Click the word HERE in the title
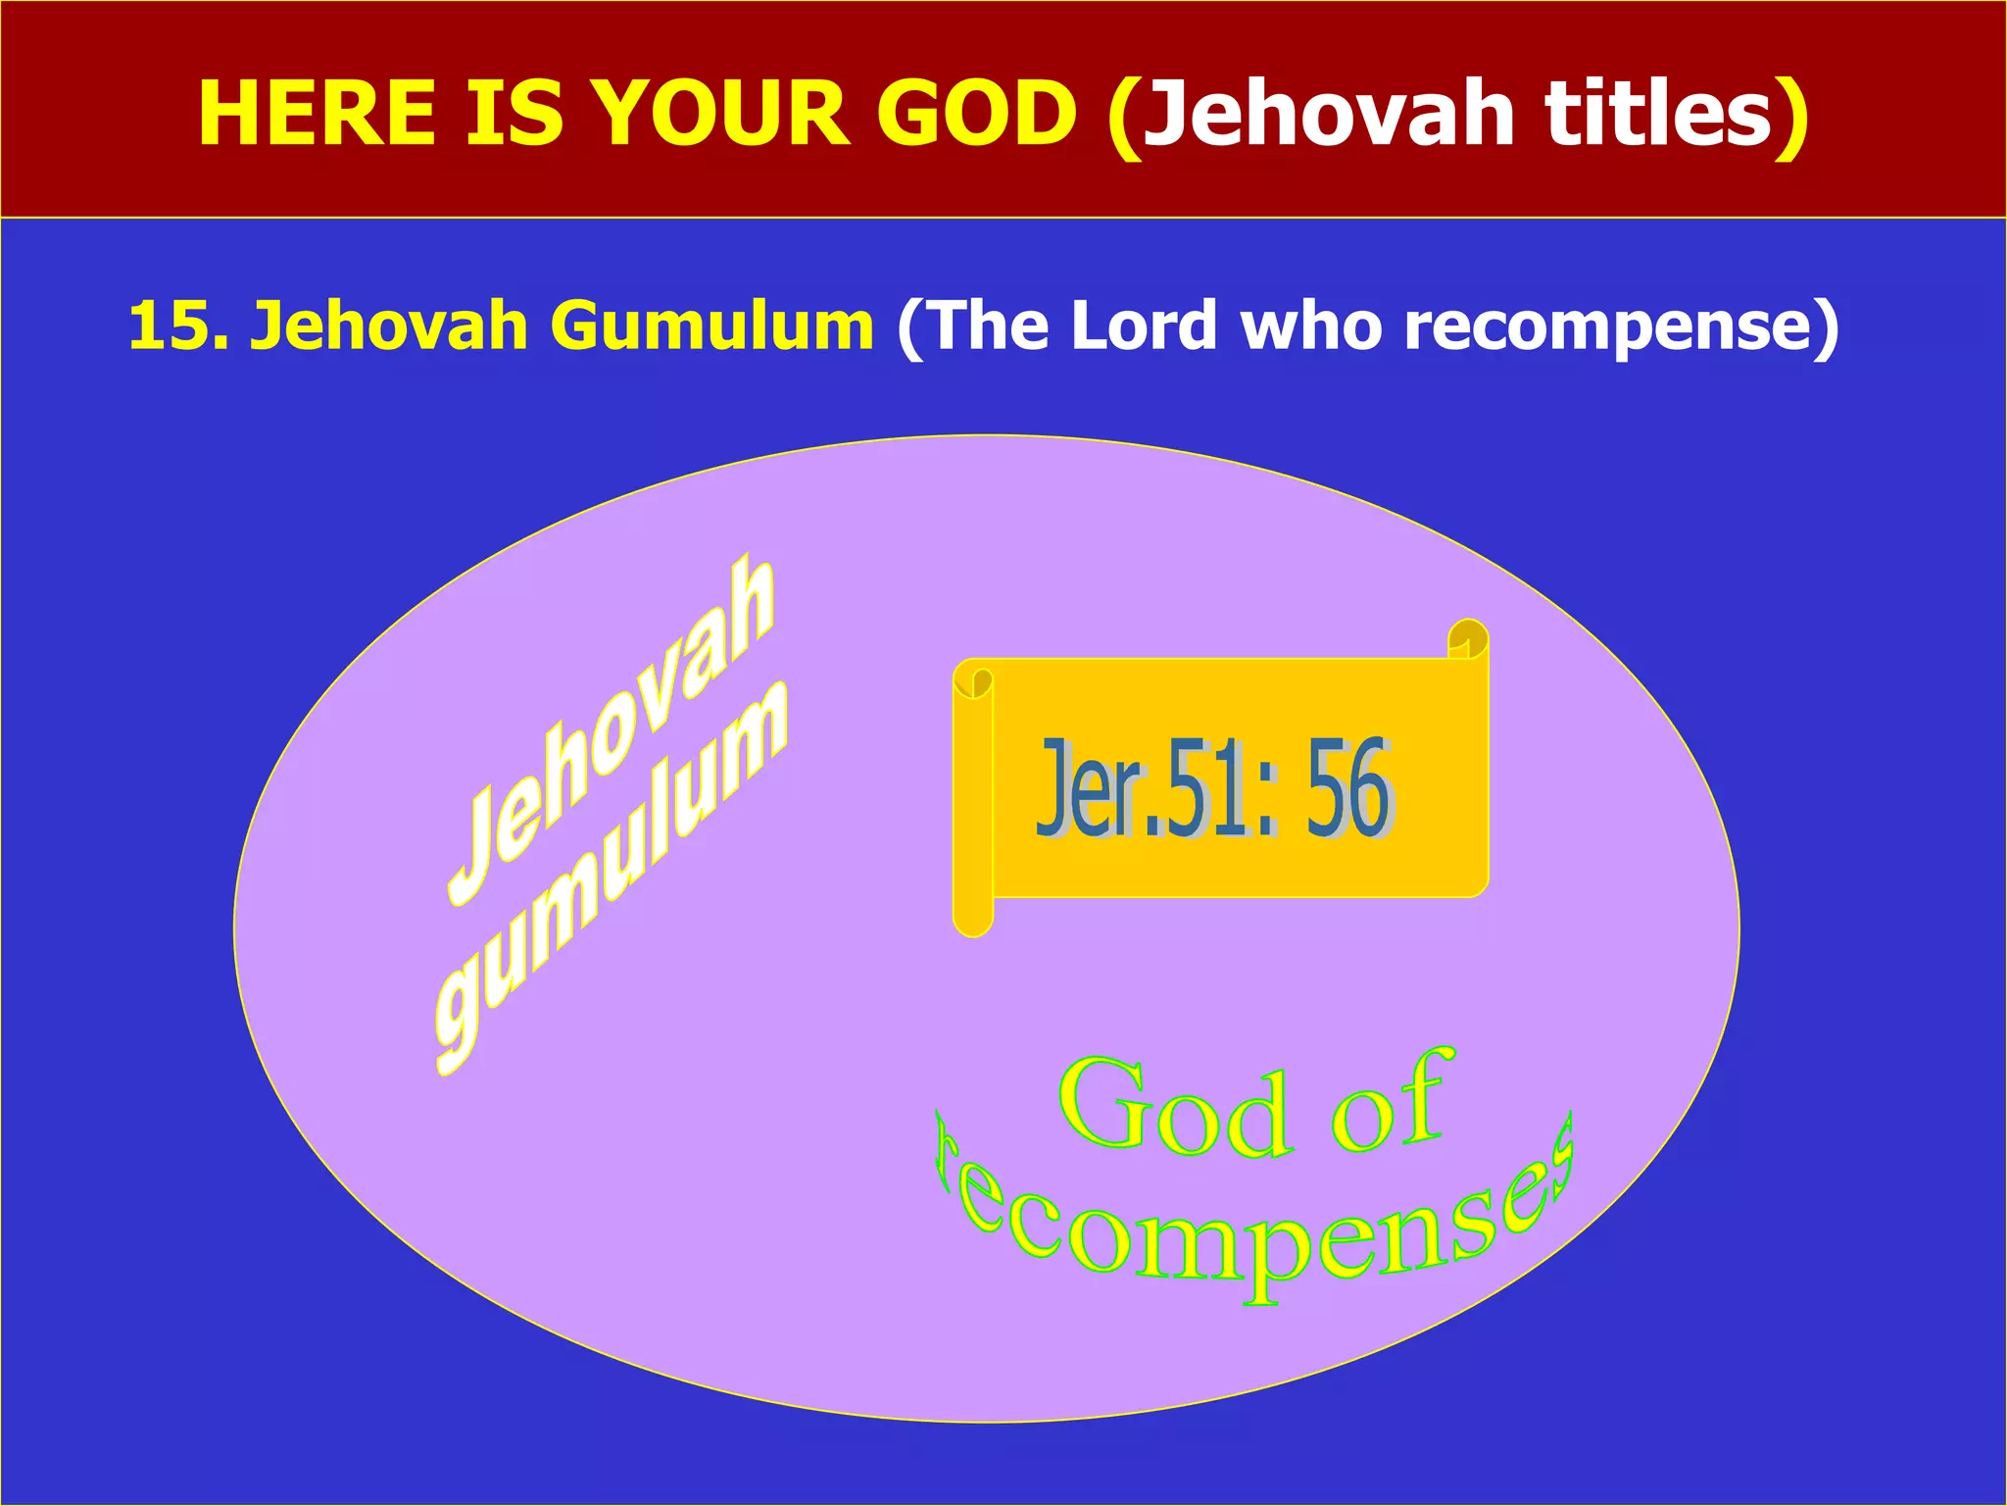(x=317, y=114)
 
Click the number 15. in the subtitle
(x=177, y=326)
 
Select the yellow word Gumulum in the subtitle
(x=711, y=326)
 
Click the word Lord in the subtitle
(x=1144, y=326)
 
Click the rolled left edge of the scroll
(x=973, y=799)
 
